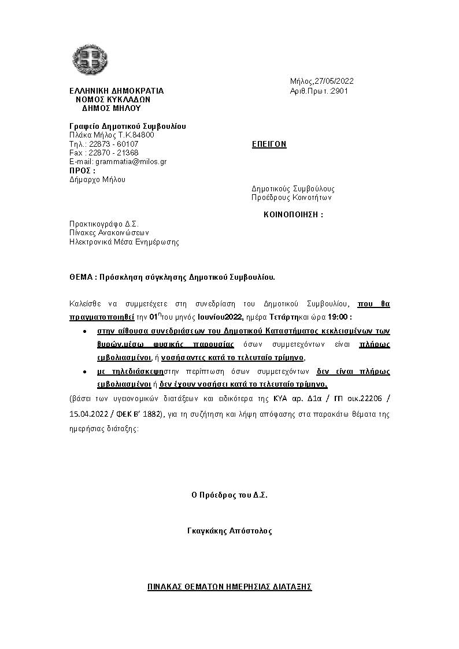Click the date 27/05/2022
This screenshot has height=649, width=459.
click(x=335, y=81)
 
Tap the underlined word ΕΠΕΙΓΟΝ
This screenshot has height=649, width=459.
click(x=269, y=144)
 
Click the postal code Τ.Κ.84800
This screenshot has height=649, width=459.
click(x=137, y=135)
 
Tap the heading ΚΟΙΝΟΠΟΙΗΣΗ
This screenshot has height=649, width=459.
click(x=293, y=214)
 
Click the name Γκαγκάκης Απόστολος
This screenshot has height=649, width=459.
click(x=229, y=531)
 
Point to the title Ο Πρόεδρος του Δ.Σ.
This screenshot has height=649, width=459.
click(x=229, y=495)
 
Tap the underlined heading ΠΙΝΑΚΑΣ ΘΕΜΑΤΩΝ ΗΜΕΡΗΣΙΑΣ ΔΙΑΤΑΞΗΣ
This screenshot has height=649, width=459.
click(x=229, y=587)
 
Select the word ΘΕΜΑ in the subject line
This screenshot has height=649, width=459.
click(x=80, y=277)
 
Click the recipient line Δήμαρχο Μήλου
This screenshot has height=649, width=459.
click(x=97, y=179)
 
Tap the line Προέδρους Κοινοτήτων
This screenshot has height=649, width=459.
click(x=291, y=198)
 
